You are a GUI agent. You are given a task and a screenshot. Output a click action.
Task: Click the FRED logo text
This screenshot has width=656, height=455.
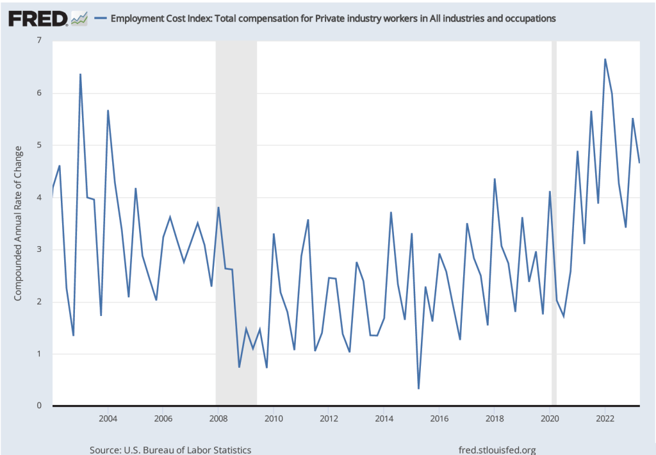[38, 19]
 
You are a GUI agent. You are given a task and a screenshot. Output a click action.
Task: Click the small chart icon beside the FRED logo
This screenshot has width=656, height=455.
[79, 19]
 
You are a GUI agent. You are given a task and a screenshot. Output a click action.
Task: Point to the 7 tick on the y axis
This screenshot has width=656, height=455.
[39, 41]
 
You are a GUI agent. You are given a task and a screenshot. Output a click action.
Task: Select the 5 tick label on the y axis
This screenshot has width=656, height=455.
[39, 145]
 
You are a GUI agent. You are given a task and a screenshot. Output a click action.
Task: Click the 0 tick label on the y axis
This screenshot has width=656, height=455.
[39, 406]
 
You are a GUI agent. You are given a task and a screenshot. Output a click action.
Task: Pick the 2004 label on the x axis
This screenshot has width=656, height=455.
[108, 419]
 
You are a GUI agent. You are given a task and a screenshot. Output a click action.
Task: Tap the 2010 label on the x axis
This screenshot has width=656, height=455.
[274, 419]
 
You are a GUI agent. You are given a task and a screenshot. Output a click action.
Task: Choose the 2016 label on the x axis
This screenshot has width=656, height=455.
[439, 419]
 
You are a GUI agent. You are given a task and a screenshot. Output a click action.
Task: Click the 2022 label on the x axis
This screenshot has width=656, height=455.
[605, 419]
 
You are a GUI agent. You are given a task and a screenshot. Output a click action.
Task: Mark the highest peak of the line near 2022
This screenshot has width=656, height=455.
[605, 60]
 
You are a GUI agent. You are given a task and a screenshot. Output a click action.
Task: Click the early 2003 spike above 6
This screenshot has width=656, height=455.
[80, 74]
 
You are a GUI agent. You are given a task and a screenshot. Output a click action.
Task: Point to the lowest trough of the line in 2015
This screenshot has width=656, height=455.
[418, 388]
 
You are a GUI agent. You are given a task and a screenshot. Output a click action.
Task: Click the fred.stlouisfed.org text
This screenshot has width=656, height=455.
[497, 450]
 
